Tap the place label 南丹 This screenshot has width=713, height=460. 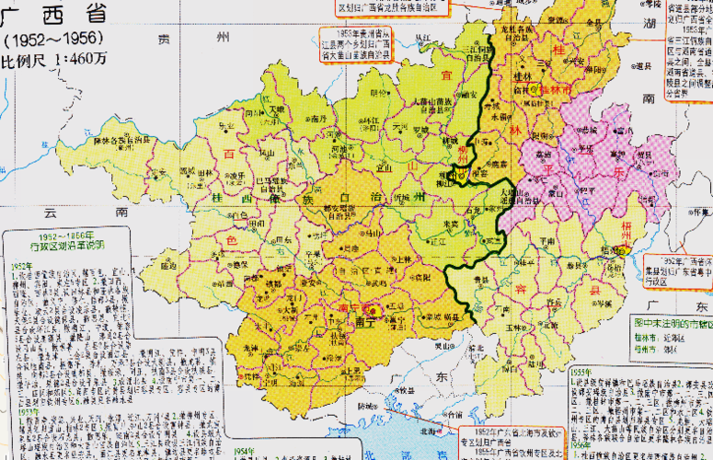point(318,119)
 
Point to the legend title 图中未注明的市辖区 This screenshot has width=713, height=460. point(671,323)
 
